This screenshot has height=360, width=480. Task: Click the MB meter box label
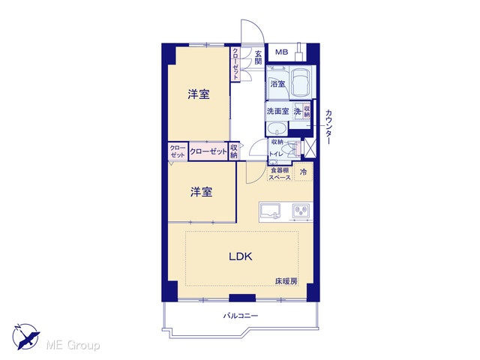(x=282, y=52)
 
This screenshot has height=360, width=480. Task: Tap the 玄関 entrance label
(x=258, y=57)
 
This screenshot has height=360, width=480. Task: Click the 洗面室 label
(x=277, y=111)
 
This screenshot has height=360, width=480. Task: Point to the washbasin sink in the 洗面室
(x=277, y=128)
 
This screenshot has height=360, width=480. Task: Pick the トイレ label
(x=276, y=154)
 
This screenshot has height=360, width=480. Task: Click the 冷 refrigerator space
(x=303, y=172)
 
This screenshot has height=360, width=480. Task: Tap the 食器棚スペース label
(x=280, y=173)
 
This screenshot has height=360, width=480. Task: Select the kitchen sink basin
(x=270, y=211)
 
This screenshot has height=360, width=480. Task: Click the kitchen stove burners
(x=301, y=211)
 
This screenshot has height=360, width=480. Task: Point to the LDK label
(x=241, y=256)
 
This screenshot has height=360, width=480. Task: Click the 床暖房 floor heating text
(x=286, y=281)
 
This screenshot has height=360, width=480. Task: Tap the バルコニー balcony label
(x=240, y=316)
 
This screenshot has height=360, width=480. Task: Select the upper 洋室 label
(x=199, y=94)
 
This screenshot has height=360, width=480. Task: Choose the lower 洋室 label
(x=201, y=192)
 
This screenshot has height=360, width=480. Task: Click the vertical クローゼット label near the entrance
(x=235, y=64)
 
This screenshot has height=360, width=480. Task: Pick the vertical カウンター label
(x=328, y=127)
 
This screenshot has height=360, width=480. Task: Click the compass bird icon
(x=26, y=336)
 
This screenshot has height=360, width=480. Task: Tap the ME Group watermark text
(x=73, y=346)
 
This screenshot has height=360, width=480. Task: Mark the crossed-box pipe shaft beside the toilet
(x=309, y=148)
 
